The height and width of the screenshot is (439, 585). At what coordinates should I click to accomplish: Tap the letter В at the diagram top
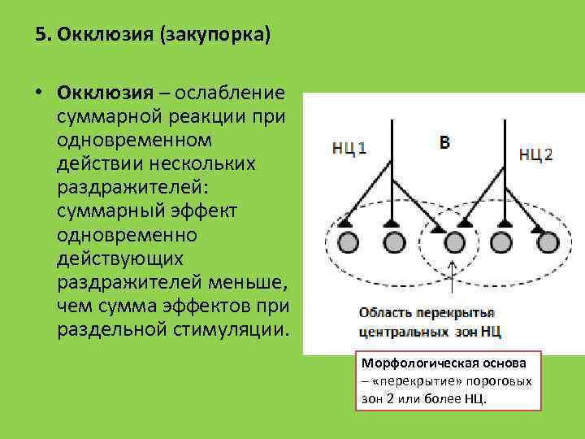pyautogui.click(x=444, y=143)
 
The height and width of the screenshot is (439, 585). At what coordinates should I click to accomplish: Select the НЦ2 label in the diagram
pyautogui.click(x=535, y=154)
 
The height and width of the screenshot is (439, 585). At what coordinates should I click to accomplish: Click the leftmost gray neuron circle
pyautogui.click(x=348, y=242)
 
